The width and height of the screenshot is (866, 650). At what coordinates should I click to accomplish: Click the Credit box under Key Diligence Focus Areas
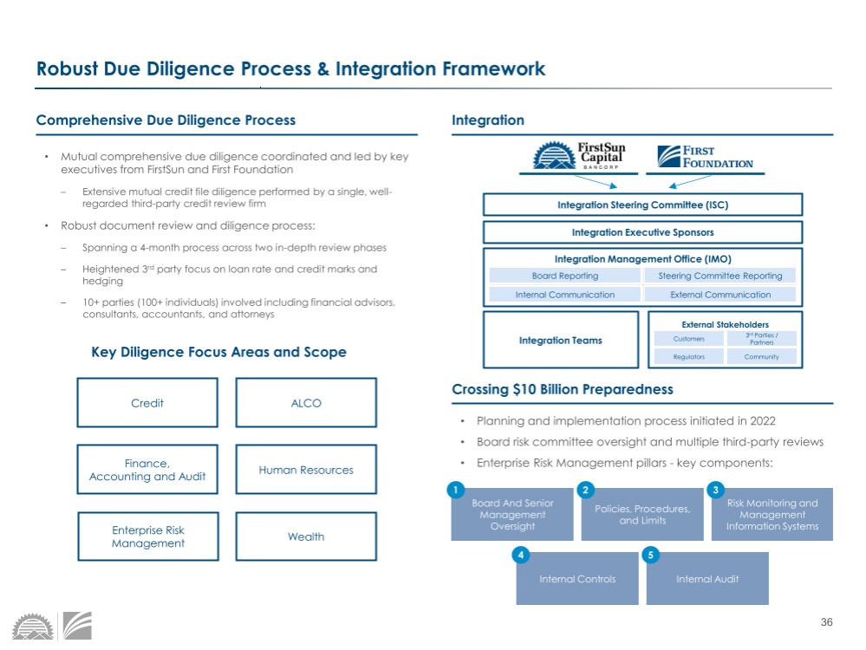coord(147,403)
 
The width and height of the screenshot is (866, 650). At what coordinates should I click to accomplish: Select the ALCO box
coord(306,403)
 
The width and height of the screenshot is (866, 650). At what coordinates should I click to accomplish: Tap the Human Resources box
coord(306,470)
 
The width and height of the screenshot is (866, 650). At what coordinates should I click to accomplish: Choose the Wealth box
coord(306,536)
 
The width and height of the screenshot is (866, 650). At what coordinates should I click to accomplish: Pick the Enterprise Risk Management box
coord(147,536)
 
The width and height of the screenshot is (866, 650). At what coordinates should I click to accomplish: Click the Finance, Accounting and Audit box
coord(147,470)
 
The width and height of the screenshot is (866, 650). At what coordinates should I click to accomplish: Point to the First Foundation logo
coord(706,157)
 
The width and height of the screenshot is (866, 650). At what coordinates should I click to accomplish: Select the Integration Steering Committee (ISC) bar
coord(642,205)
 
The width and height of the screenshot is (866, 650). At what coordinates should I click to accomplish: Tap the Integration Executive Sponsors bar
coord(642,232)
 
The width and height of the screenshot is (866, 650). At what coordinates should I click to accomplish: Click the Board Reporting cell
coord(564,276)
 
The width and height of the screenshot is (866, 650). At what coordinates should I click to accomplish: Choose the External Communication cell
coord(720,295)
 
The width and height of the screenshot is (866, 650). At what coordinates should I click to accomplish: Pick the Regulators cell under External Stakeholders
coord(689,356)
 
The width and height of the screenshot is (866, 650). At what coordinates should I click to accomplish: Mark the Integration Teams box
coord(561,341)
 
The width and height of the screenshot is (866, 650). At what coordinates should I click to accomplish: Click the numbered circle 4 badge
coord(521,555)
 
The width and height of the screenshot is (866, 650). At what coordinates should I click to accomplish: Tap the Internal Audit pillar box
coord(707,579)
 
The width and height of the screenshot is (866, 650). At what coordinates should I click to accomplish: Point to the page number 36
coord(825,622)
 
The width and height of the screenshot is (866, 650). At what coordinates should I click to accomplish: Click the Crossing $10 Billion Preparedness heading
coord(563,389)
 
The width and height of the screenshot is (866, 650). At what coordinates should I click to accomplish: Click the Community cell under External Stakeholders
coord(762,356)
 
